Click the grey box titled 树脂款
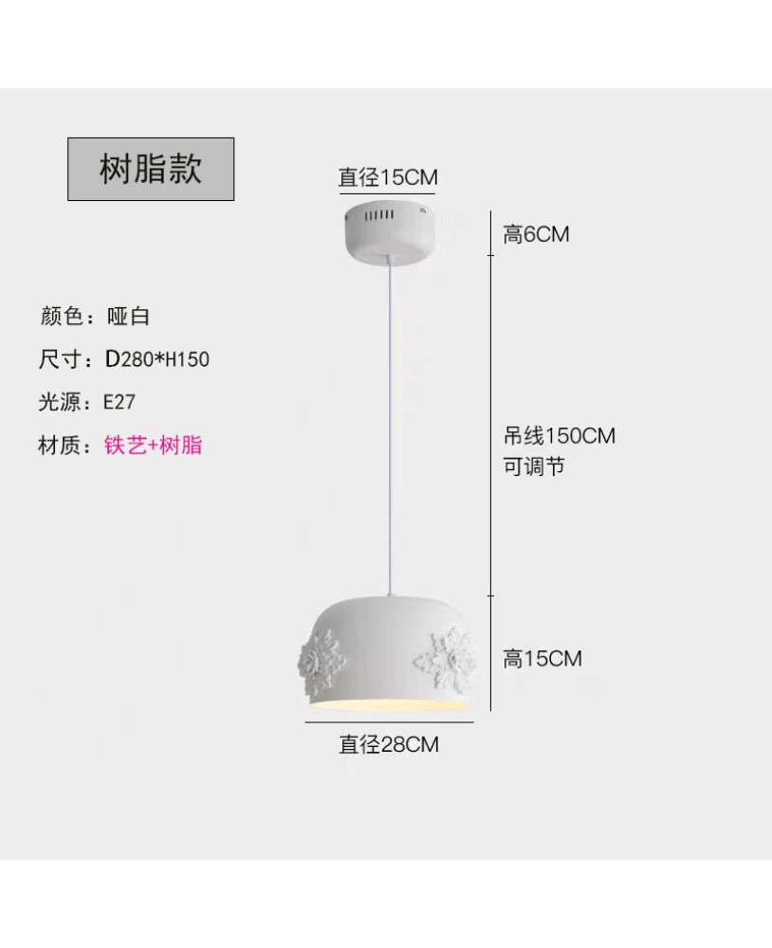[151, 169]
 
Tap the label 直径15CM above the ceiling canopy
[388, 177]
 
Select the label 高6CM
[536, 234]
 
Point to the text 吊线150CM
[559, 435]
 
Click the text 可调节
[534, 466]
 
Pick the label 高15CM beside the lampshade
[542, 659]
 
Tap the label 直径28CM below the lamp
[389, 744]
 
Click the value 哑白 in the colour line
[128, 317]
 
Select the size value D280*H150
[157, 359]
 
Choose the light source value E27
[119, 402]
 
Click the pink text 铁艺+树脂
[153, 445]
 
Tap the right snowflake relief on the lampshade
[446, 659]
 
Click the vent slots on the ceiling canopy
[378, 215]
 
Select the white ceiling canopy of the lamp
[388, 233]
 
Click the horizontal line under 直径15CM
[387, 194]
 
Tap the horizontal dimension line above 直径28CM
[389, 721]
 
